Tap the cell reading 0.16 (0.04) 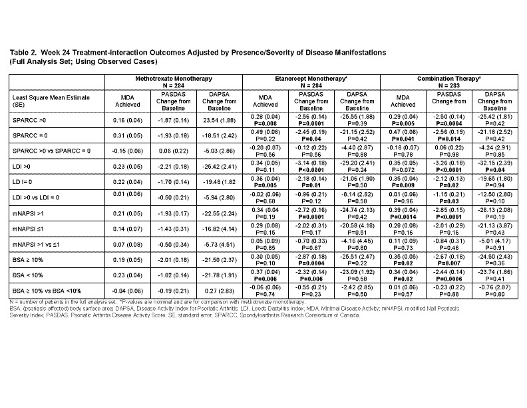click(129, 120)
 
